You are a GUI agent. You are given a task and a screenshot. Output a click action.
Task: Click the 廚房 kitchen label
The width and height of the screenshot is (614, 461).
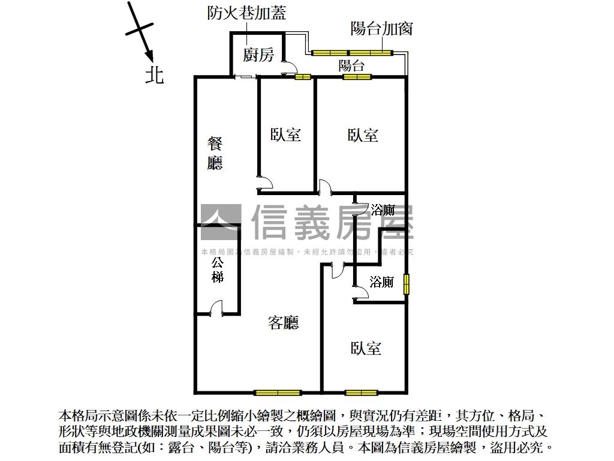coord(258,56)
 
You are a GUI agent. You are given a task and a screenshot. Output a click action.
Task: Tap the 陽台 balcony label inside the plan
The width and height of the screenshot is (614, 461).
coord(351,65)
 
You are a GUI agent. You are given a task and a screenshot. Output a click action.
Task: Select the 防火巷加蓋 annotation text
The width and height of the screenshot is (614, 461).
coord(246,13)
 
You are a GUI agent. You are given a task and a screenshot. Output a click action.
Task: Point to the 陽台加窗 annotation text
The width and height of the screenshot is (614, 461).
coord(381,28)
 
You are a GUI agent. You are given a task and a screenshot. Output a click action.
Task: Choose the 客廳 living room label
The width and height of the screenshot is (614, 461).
coord(283,323)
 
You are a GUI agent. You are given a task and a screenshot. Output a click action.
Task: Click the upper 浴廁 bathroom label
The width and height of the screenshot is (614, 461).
coord(383,210)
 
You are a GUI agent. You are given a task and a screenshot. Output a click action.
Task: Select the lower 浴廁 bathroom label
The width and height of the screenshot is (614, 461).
coord(381,282)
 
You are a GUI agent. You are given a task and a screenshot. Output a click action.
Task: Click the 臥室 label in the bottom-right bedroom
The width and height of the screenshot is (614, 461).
coord(366,348)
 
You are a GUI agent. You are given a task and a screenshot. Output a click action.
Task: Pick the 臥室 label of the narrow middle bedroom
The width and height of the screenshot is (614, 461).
coord(285,134)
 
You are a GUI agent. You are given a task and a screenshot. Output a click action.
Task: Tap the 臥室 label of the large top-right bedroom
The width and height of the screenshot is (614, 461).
coord(363,134)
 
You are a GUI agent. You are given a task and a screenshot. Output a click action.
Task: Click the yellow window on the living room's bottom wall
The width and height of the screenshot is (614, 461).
coord(277,393)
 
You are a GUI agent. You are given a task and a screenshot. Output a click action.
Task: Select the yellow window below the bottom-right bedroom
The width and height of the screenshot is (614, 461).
coord(362,393)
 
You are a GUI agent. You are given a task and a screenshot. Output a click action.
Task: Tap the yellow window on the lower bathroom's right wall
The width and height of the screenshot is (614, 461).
coord(407,285)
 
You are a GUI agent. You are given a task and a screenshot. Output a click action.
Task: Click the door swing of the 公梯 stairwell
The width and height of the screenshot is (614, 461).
coord(216,309)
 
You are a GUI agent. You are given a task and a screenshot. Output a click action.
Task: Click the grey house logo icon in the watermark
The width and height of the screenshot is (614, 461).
coord(220,222)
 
